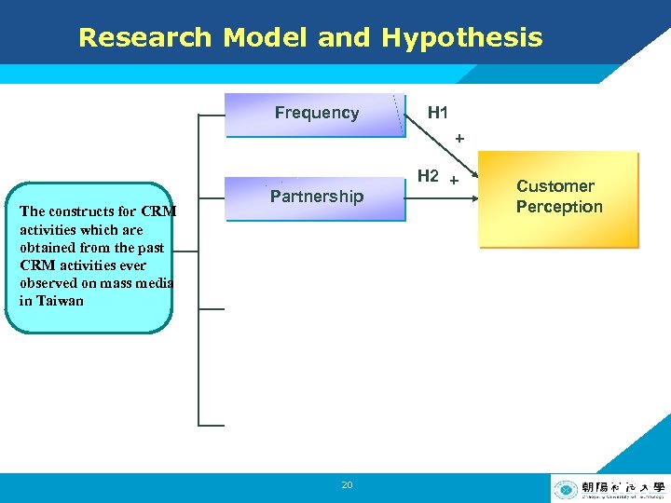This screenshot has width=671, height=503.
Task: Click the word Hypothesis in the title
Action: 461,38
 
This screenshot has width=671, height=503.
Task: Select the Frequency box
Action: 316,114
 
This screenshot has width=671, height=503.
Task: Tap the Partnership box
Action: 316,197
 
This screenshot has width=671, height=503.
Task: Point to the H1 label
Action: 437,113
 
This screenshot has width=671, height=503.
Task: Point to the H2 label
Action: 428,175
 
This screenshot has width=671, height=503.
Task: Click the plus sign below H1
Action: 459,139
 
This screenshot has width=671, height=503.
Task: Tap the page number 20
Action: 347,485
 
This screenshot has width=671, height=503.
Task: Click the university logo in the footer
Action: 609,488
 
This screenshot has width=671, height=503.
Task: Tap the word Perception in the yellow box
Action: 559,207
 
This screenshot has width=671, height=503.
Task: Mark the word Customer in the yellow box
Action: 555,186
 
